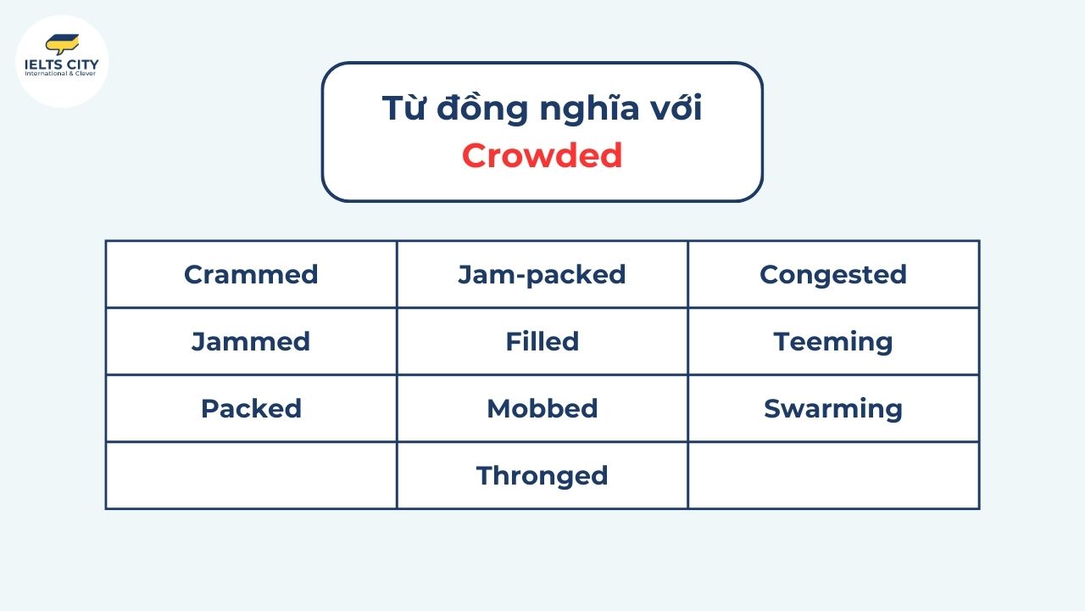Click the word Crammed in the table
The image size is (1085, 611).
(251, 274)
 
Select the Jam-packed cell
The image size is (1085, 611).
(542, 274)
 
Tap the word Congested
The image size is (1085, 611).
(833, 274)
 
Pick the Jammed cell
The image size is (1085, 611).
(251, 341)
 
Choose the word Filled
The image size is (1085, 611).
(542, 341)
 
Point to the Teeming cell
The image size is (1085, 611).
(833, 341)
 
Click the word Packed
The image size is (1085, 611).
(251, 408)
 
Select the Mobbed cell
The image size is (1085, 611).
(542, 408)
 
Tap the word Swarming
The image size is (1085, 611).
(833, 408)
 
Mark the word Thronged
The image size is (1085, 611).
(542, 475)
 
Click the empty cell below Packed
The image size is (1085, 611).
(251, 475)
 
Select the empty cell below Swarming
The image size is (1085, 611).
(833, 475)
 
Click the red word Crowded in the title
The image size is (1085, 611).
(542, 155)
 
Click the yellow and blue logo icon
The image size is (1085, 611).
(62, 43)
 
